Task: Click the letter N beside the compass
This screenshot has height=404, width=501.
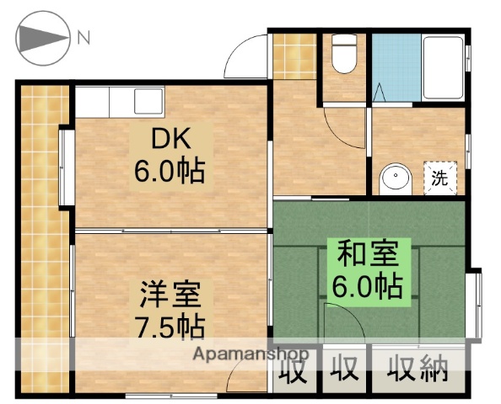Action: (x=83, y=37)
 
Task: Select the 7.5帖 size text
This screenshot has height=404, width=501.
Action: (x=171, y=327)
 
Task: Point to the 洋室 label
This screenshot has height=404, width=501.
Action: (x=171, y=295)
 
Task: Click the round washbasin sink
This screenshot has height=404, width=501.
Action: (x=393, y=178)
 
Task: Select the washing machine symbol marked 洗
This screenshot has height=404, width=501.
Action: (x=439, y=177)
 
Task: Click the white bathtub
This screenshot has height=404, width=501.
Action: (x=444, y=67)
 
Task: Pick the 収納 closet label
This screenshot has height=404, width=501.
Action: (x=418, y=368)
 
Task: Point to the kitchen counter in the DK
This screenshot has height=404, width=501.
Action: (x=118, y=102)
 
